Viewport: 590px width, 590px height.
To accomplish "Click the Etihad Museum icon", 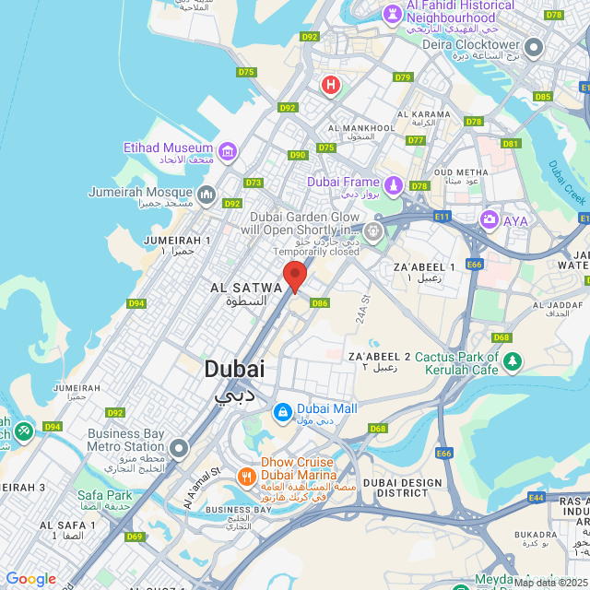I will [x=227, y=150].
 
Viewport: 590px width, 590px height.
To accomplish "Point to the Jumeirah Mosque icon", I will [x=206, y=195].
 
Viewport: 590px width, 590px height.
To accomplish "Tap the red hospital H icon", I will [x=330, y=86].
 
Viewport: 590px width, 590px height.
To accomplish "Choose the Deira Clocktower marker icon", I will [x=534, y=47].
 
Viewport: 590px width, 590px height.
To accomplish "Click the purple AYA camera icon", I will [x=489, y=219].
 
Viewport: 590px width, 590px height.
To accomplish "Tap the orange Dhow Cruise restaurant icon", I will [x=246, y=477].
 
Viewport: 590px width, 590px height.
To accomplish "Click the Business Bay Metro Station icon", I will [x=178, y=448].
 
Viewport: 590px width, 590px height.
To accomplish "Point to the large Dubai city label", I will [x=233, y=370].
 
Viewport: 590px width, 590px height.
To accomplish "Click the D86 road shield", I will [x=320, y=302].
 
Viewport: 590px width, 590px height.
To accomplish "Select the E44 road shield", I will [x=536, y=497].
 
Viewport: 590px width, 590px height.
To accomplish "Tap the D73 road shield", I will [x=254, y=183].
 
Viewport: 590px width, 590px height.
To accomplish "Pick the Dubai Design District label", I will [x=402, y=488].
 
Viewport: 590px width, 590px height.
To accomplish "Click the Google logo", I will [x=30, y=579].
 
